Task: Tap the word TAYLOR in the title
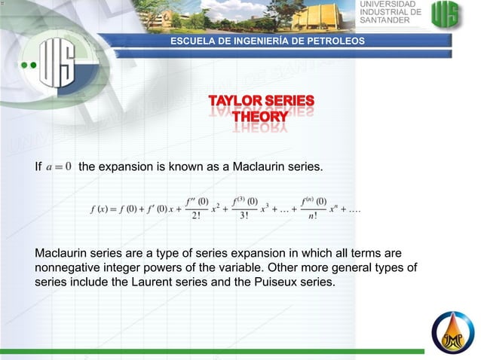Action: click(235, 101)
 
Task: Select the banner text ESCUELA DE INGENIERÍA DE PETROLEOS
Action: click(268, 40)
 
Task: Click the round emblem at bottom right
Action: click(452, 332)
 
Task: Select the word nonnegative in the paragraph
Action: click(69, 268)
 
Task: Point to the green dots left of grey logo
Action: click(29, 66)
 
